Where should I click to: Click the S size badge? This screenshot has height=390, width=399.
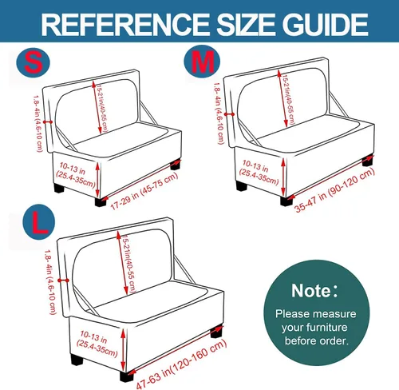pos(33,63)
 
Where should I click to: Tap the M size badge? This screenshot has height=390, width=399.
pos(202,62)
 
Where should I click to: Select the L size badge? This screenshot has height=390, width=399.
pos(39,222)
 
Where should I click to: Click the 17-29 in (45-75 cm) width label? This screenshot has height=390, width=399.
pos(144,191)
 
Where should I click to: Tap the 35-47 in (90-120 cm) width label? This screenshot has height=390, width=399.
pos(334,189)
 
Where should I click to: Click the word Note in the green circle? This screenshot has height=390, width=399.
pos(310,290)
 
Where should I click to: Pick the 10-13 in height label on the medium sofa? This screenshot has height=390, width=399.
pos(258,172)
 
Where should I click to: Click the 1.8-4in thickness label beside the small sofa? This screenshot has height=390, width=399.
pos(38,124)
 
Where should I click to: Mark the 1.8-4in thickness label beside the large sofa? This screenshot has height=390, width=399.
pos(50,282)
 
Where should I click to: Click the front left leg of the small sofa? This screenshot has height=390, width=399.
pos(101,201)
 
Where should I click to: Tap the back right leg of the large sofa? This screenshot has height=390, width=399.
pos(216,332)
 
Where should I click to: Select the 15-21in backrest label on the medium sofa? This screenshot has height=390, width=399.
pos(288,99)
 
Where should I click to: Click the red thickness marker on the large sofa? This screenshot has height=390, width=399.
pos(63,281)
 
